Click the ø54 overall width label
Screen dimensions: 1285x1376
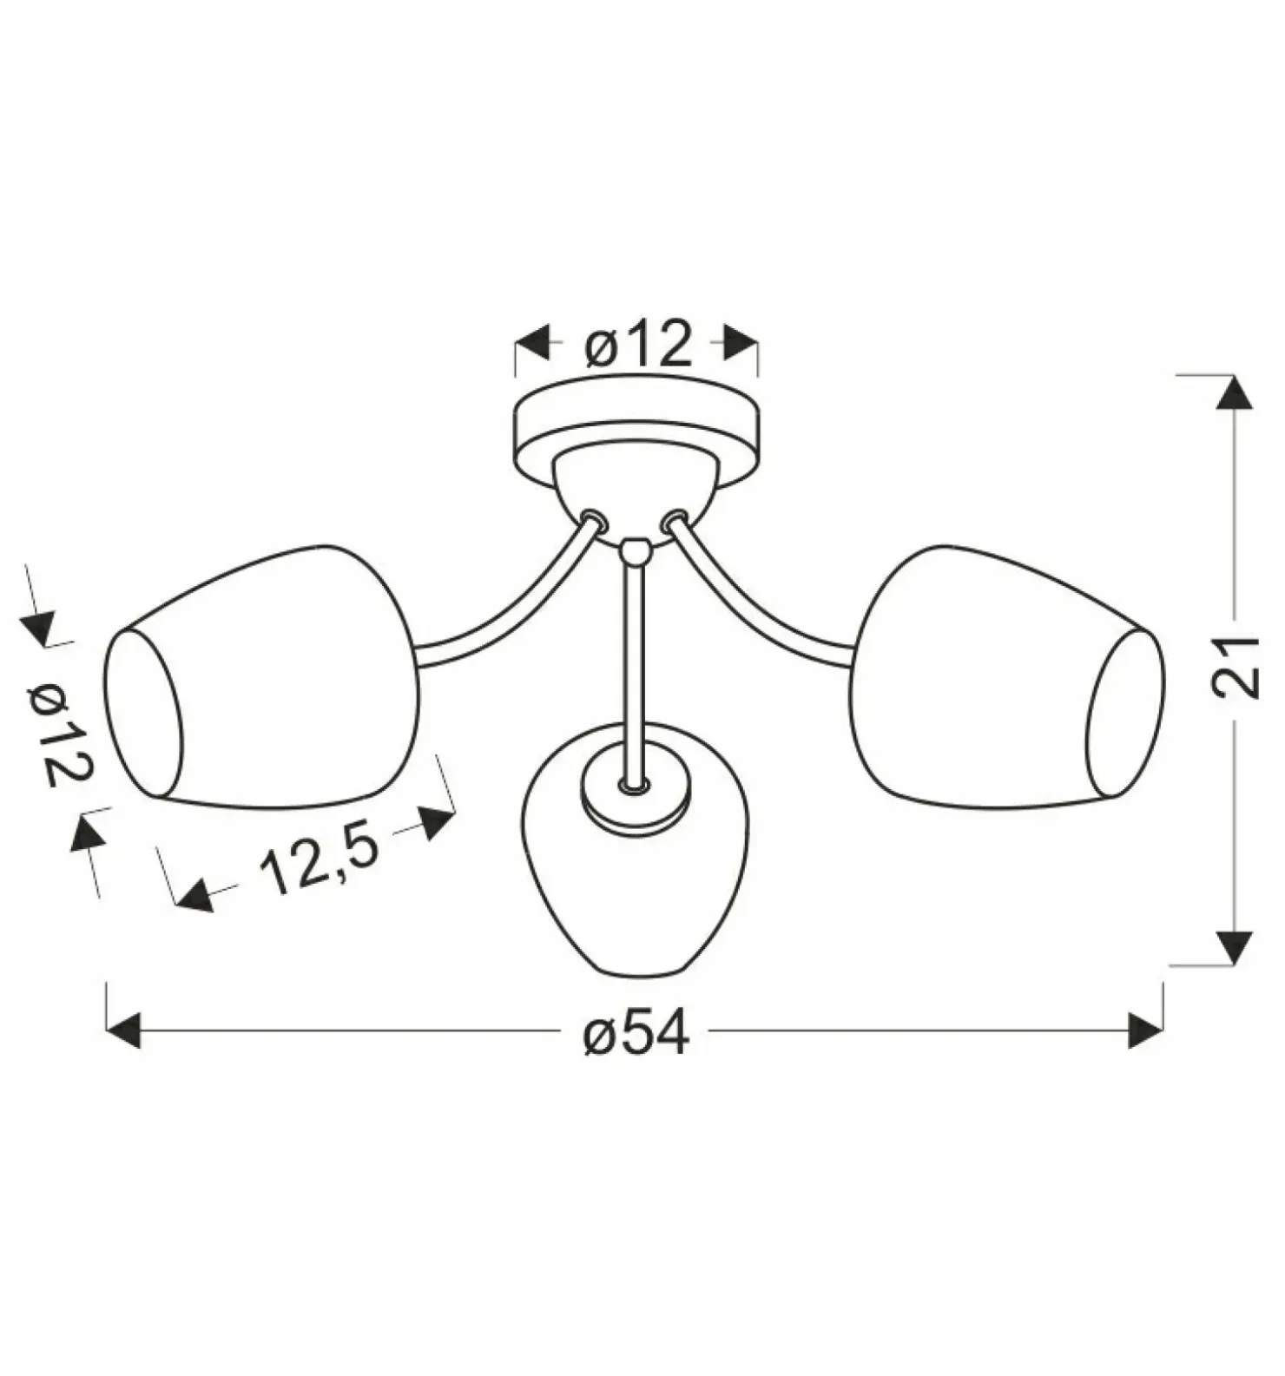pos(636,1033)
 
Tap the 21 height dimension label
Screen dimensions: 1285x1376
pos(1234,668)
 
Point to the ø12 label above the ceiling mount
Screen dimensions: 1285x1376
pos(638,344)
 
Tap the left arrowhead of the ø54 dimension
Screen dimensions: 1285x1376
pos(122,1030)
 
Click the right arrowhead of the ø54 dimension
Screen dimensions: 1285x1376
pos(1145,1030)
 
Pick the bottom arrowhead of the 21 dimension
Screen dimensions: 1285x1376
pos(1234,947)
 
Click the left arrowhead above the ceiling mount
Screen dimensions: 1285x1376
pos(532,343)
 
